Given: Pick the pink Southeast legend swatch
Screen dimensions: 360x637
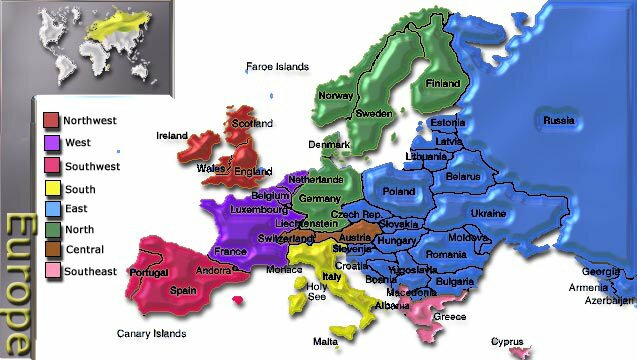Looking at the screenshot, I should pyautogui.click(x=52, y=272).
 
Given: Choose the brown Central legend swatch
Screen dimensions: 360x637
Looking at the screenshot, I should pyautogui.click(x=52, y=250).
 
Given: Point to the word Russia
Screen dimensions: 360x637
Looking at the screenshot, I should pyautogui.click(x=558, y=121).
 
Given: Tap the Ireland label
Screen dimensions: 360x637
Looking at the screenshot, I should pyautogui.click(x=172, y=135).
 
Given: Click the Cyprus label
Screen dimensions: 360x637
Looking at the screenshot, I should pyautogui.click(x=507, y=341).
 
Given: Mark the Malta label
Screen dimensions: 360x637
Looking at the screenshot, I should pyautogui.click(x=325, y=341).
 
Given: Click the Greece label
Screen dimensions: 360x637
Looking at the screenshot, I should pyautogui.click(x=449, y=317).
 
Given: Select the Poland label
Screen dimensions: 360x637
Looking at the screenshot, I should pyautogui.click(x=398, y=190).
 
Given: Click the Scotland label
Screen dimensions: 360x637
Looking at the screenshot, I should pyautogui.click(x=251, y=124).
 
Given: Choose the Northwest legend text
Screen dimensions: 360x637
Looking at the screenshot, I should pyautogui.click(x=89, y=121).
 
